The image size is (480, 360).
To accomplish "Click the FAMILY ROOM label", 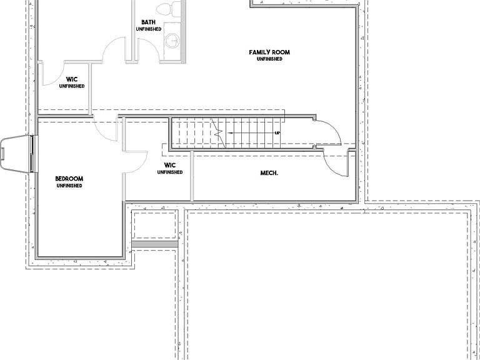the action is pyautogui.click(x=269, y=52).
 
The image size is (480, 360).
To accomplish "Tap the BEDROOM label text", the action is pyautogui.click(x=69, y=179).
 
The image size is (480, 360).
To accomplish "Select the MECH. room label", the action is pyautogui.click(x=269, y=173).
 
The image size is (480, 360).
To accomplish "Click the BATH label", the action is pyautogui.click(x=149, y=22).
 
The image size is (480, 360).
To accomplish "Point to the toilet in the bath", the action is pyautogui.click(x=169, y=8).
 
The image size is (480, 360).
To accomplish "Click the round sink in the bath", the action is pyautogui.click(x=173, y=41).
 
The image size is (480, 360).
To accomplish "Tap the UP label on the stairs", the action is pyautogui.click(x=277, y=133).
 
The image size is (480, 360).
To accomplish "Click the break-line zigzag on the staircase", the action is pyautogui.click(x=218, y=133).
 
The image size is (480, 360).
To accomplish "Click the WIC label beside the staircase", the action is pyautogui.click(x=170, y=166).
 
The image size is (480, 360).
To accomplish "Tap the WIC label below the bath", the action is pyautogui.click(x=72, y=80).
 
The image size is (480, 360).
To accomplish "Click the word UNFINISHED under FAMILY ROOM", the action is pyautogui.click(x=269, y=59).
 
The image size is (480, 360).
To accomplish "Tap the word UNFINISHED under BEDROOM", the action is pyautogui.click(x=69, y=186).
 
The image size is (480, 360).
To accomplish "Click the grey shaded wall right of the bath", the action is pyautogui.click(x=183, y=32).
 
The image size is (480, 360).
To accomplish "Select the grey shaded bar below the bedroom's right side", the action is pyautogui.click(x=155, y=244).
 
